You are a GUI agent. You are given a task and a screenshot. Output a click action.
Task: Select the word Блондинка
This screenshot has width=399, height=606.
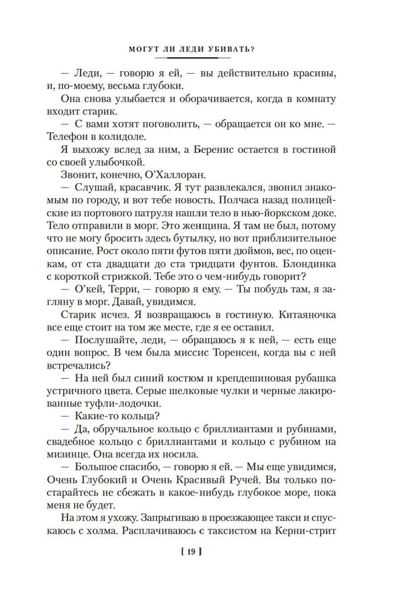(312, 264)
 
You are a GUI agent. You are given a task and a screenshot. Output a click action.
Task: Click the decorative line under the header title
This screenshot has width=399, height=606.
(192, 58)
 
